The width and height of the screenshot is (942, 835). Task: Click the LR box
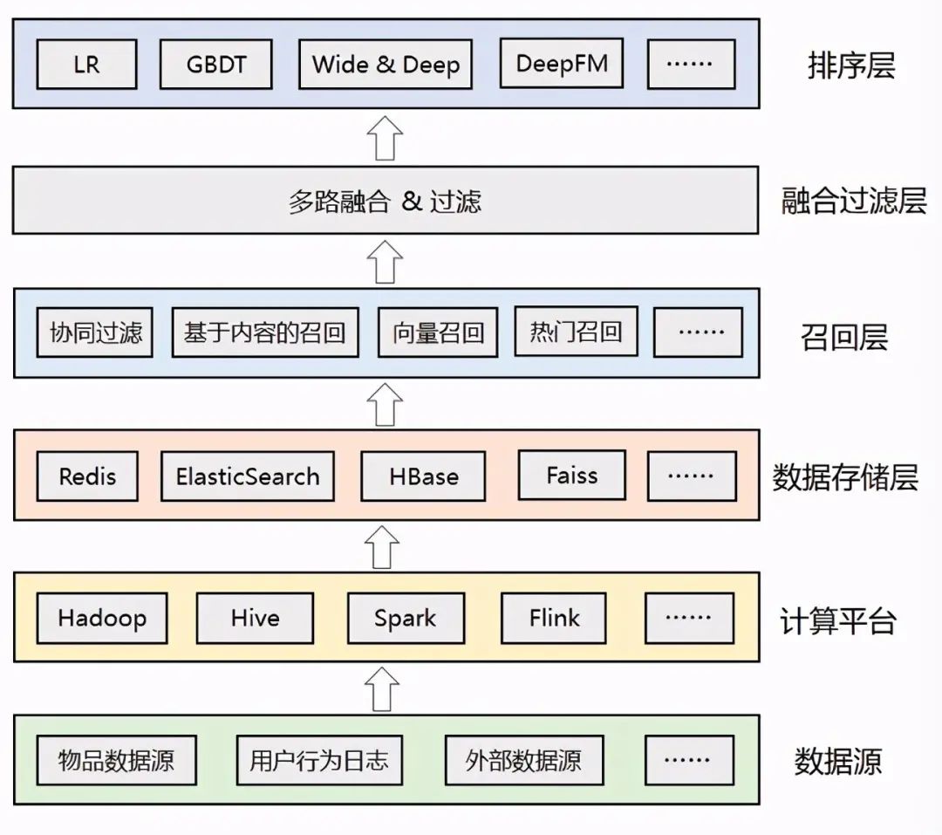(x=86, y=65)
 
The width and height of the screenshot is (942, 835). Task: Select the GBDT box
(x=215, y=65)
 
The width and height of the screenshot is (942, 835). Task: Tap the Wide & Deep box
(x=385, y=65)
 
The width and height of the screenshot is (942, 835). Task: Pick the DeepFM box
(x=561, y=64)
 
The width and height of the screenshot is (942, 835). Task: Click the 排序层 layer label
(x=850, y=65)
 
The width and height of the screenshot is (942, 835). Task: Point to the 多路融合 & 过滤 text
(x=385, y=202)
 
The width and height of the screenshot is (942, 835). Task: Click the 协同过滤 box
(x=95, y=332)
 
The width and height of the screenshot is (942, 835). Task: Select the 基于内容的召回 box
(x=264, y=332)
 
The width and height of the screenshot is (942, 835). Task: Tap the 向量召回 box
(x=437, y=332)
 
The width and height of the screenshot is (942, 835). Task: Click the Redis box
(x=87, y=476)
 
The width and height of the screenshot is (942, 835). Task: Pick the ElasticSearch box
(x=248, y=476)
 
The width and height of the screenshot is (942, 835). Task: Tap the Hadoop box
(x=102, y=619)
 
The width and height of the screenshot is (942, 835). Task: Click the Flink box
(x=554, y=619)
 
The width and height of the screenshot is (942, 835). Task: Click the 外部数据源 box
(x=523, y=760)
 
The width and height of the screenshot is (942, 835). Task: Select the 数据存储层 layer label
(x=844, y=476)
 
